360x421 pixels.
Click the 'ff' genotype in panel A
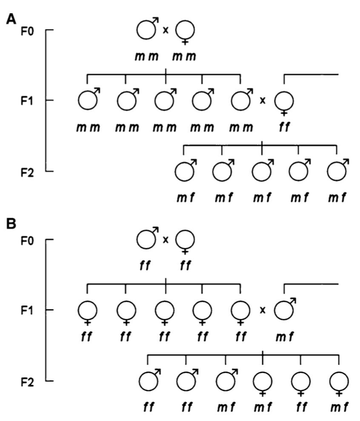(284, 127)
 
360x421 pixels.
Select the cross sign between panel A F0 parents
(166, 30)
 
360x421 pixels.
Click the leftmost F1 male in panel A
(88, 101)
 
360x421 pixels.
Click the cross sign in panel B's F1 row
(263, 310)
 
